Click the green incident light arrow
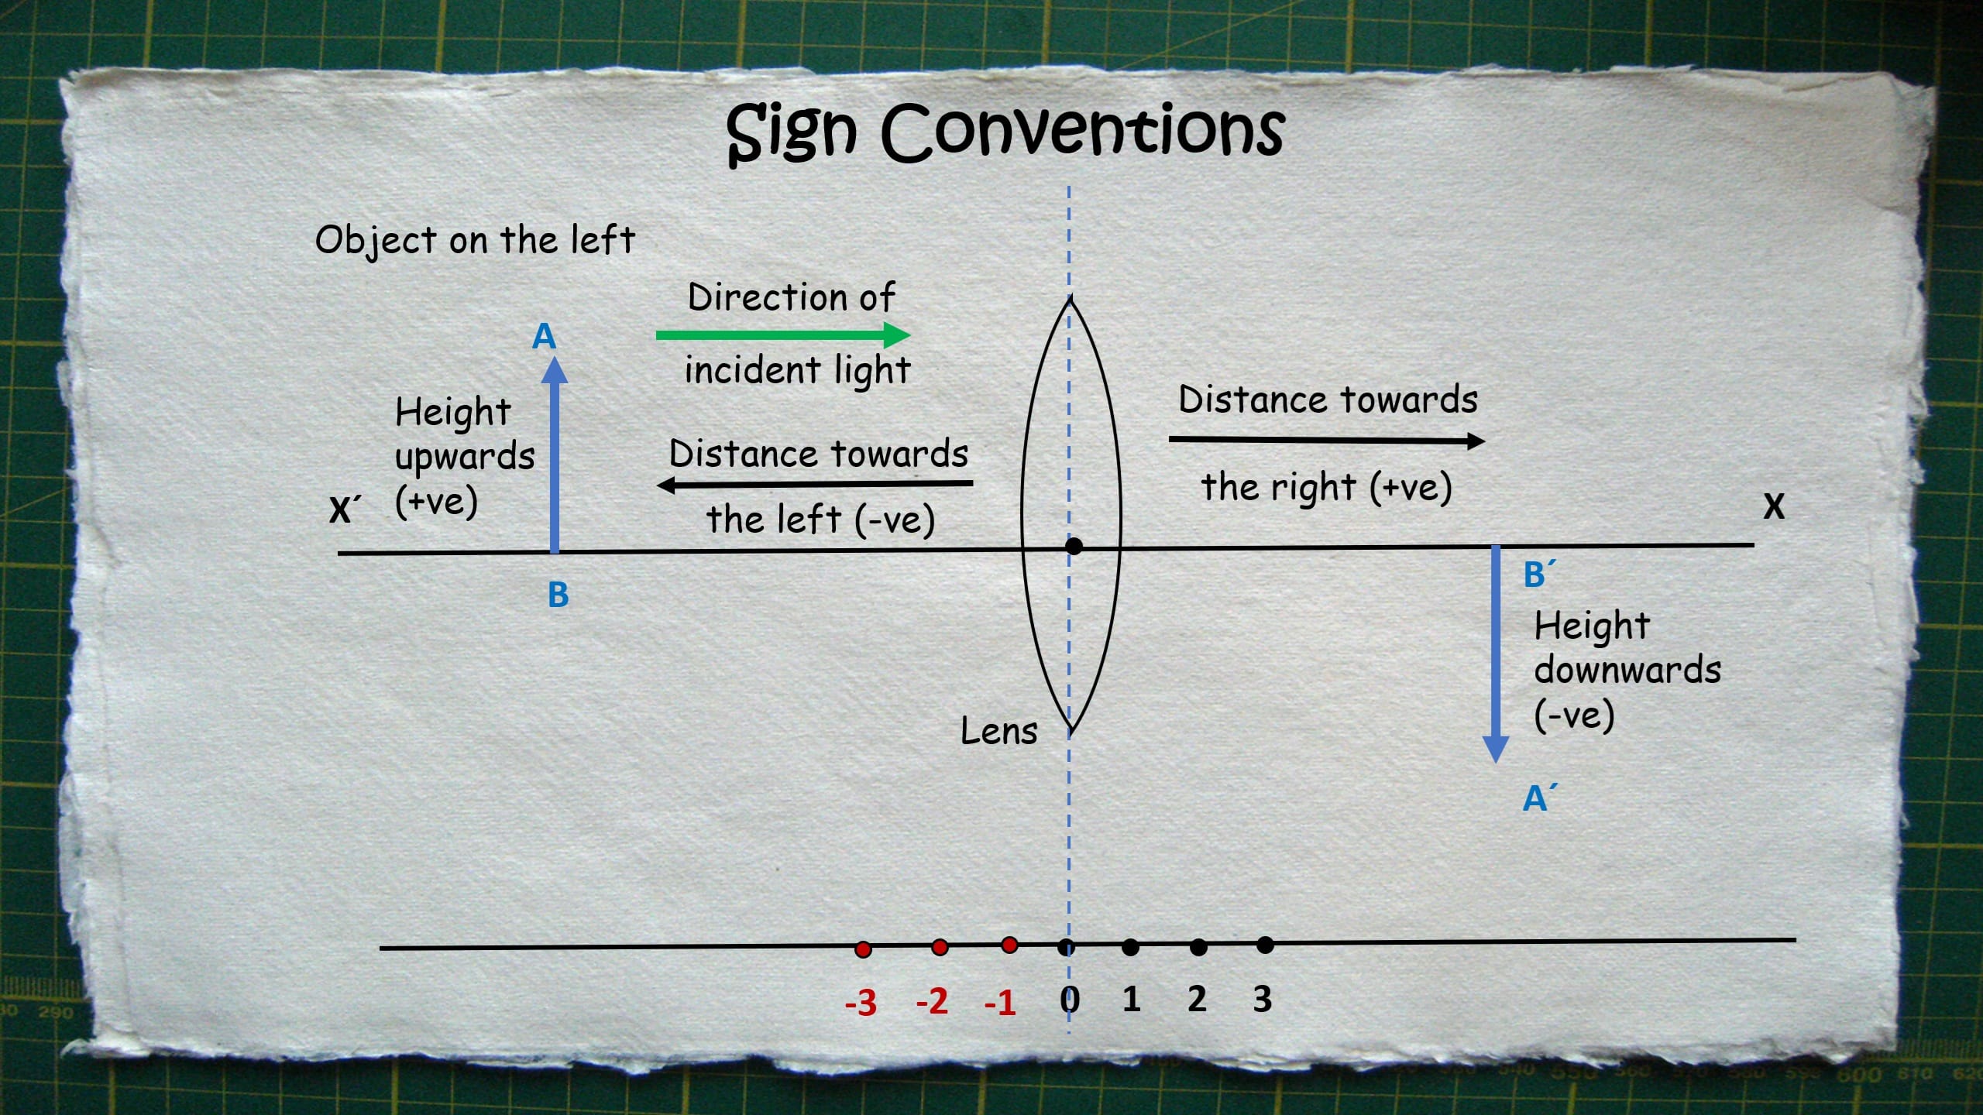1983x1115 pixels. pyautogui.click(x=782, y=335)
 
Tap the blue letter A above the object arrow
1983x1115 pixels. pyautogui.click(x=545, y=337)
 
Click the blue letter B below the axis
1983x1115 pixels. pyautogui.click(x=558, y=595)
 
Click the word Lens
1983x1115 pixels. pyautogui.click(x=998, y=731)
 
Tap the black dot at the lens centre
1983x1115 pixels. pyautogui.click(x=1074, y=546)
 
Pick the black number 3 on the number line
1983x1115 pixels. pyautogui.click(x=1262, y=999)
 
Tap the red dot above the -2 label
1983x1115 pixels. pyautogui.click(x=940, y=947)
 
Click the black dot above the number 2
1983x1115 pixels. pyautogui.click(x=1198, y=946)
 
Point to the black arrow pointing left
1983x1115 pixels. pyautogui.click(x=813, y=485)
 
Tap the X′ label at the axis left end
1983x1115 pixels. pyautogui.click(x=345, y=510)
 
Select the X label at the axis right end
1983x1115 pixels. pyautogui.click(x=1774, y=506)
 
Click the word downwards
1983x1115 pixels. pyautogui.click(x=1627, y=670)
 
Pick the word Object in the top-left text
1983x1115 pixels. pyautogui.click(x=376, y=240)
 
